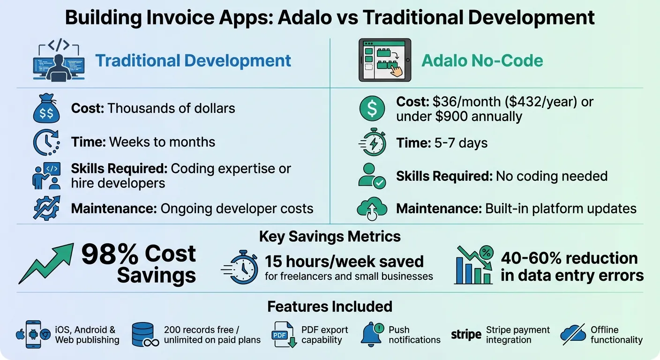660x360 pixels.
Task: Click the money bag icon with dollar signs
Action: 46,109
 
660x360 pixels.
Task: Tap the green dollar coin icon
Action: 372,109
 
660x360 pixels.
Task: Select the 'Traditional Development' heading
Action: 193,61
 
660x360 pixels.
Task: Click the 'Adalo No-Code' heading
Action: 482,61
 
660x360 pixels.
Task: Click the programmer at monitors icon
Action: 59,61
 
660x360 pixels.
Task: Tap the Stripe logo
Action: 466,335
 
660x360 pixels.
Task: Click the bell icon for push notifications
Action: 373,335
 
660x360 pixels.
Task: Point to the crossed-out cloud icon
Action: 573,335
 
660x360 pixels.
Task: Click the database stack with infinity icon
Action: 146,335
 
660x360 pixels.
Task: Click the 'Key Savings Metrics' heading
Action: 330,236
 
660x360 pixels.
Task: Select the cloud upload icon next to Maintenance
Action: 372,209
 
